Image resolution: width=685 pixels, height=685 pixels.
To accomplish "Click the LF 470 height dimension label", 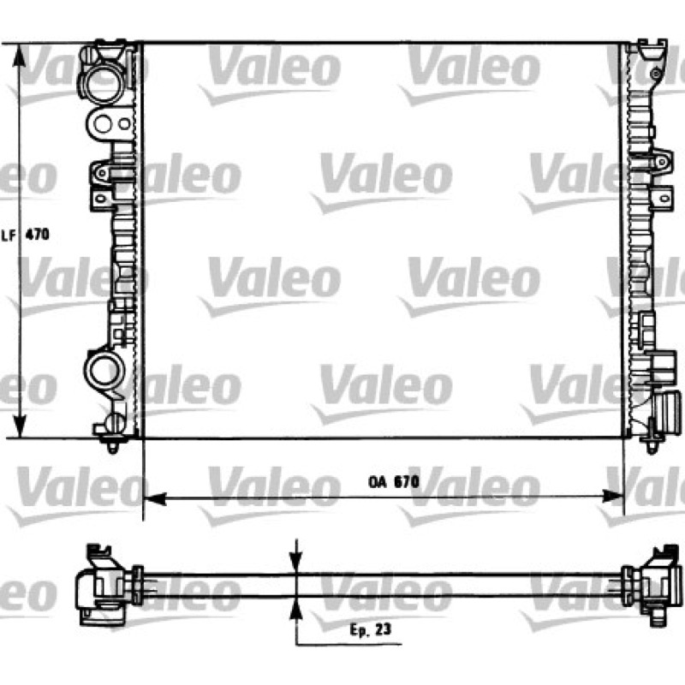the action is [26, 235].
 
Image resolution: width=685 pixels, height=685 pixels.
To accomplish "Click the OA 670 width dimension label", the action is [394, 482].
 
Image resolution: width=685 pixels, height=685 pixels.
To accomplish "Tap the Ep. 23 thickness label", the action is [371, 629].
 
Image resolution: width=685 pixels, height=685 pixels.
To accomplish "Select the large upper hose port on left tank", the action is [103, 83].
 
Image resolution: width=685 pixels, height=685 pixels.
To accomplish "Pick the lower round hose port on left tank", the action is [104, 371].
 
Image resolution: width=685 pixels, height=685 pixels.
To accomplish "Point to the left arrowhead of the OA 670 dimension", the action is [155, 497].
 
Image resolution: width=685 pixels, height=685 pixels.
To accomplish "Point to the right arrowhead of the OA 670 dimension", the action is [612, 497].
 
